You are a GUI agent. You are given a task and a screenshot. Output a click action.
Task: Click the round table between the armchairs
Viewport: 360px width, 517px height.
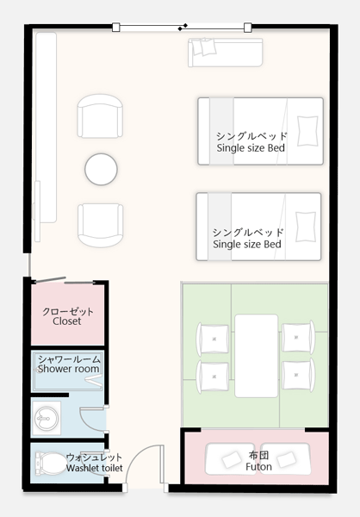pos(101,169)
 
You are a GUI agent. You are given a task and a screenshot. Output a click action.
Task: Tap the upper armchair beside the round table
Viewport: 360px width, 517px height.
pos(100,115)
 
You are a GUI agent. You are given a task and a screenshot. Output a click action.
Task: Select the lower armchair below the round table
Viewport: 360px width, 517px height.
pos(101,225)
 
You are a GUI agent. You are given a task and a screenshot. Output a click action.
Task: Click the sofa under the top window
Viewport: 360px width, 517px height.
pos(226,53)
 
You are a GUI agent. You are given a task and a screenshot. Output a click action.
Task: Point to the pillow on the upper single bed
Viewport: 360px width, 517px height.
pos(307,131)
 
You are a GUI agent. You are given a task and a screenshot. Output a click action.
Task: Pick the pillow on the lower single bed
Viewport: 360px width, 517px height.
pos(306,227)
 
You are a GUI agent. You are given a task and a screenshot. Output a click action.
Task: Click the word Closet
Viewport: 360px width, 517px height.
pos(67,321)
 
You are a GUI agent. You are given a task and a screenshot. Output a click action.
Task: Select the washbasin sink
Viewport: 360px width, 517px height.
pos(47,419)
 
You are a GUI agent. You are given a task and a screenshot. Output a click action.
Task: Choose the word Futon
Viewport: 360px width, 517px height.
pos(258,467)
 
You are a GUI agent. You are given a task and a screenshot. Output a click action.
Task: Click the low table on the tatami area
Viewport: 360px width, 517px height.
pos(256,356)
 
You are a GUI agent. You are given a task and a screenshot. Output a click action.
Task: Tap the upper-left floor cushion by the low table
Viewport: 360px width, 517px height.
pos(213,339)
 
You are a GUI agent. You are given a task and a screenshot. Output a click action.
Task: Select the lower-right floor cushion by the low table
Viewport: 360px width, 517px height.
pos(299,375)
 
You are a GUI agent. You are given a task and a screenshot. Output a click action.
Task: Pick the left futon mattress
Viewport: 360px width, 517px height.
pos(231,459)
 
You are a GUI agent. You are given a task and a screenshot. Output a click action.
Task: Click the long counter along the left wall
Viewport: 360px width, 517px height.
pos(46,128)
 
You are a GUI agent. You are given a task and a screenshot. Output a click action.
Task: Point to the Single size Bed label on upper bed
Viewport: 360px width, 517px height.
pos(251,148)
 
